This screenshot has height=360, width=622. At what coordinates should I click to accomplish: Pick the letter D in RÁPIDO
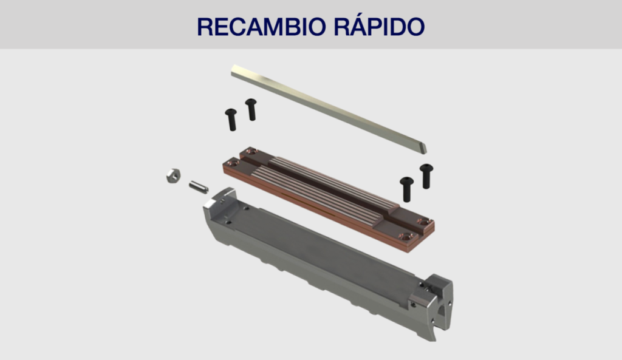pos(397,27)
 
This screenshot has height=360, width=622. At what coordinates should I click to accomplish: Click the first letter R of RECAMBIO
pos(205,27)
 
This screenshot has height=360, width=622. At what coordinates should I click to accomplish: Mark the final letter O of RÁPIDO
pos(415,27)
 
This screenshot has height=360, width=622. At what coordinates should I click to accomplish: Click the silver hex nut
pos(173,175)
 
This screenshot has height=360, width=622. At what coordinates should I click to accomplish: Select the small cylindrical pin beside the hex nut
pos(199,187)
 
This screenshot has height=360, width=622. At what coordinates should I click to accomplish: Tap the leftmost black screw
pos(231,120)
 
